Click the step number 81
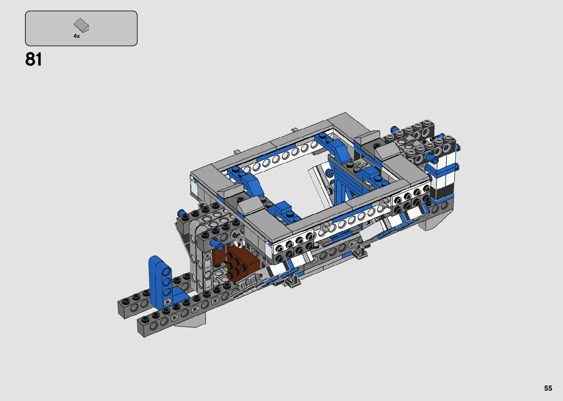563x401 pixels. click(x=33, y=60)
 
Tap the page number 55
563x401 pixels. click(x=548, y=388)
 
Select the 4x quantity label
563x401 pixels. click(x=76, y=36)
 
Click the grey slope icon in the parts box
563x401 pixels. click(x=81, y=25)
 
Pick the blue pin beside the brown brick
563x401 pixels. click(x=217, y=244)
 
